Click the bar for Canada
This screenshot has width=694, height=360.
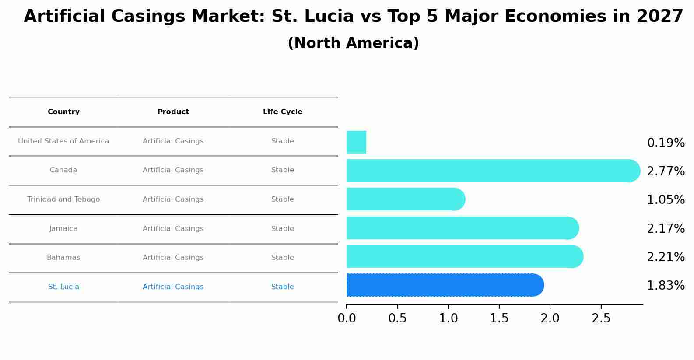pyautogui.click(x=490, y=171)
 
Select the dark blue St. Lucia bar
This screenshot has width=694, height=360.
pyautogui.click(x=442, y=285)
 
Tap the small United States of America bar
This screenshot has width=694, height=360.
pyautogui.click(x=356, y=142)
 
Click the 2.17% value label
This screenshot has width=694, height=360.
pyautogui.click(x=666, y=228)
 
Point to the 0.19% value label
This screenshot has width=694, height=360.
pyautogui.click(x=666, y=143)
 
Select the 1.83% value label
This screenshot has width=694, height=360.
pyautogui.click(x=666, y=286)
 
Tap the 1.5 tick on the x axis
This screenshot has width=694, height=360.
pyautogui.click(x=499, y=318)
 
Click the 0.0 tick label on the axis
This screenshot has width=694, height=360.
pyautogui.click(x=347, y=318)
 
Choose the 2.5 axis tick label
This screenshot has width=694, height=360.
pyautogui.click(x=601, y=318)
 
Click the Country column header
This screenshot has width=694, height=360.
pyautogui.click(x=63, y=112)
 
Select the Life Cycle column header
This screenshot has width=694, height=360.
pyautogui.click(x=283, y=112)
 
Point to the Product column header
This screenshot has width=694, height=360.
pyautogui.click(x=173, y=112)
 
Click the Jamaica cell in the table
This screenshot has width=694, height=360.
pyautogui.click(x=63, y=229)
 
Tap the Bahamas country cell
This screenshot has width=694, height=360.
pyautogui.click(x=63, y=258)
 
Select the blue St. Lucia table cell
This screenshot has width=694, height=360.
pyautogui.click(x=63, y=287)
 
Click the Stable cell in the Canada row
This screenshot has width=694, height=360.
pyautogui.click(x=283, y=170)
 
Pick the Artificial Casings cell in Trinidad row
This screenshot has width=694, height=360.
pyautogui.click(x=173, y=199)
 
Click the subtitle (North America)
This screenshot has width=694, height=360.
pyautogui.click(x=353, y=43)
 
